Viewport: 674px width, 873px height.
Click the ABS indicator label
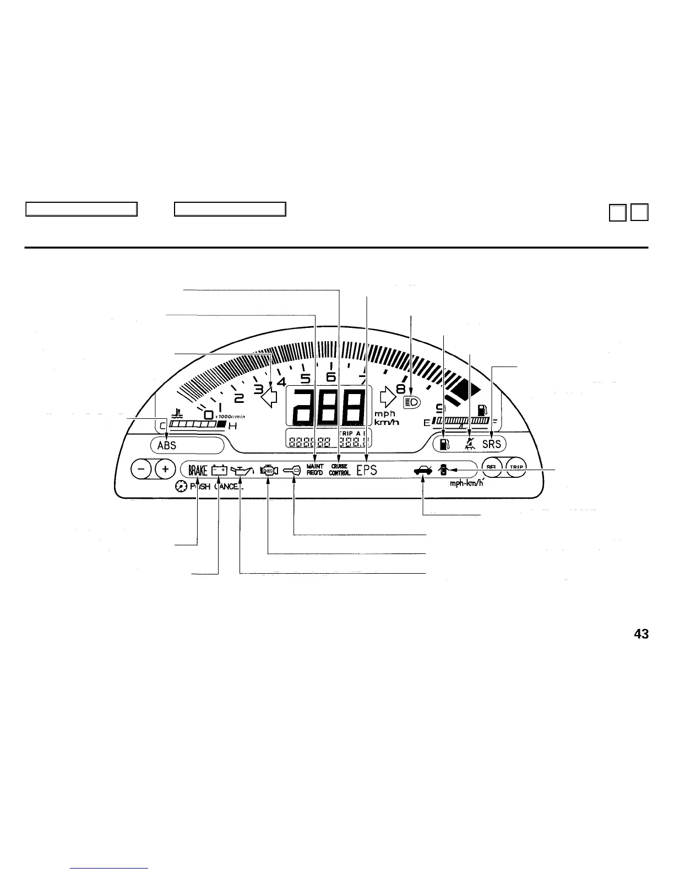pos(167,445)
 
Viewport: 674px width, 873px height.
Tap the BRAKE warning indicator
pos(198,470)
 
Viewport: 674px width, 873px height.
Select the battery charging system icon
pos(220,470)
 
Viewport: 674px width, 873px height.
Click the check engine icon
pos(268,470)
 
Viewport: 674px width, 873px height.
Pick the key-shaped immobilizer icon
pos(292,470)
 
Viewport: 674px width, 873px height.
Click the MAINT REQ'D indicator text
pos(315,470)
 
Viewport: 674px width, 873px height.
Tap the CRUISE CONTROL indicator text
pos(340,470)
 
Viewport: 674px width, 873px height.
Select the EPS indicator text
pos(367,470)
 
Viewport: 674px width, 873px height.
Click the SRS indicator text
pos(491,444)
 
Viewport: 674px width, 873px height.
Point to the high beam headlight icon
pos(412,402)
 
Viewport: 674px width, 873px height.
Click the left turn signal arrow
pos(268,397)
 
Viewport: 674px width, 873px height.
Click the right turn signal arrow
pos(388,396)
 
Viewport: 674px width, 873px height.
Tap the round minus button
pos(142,469)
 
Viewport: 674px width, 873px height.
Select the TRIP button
pos(516,467)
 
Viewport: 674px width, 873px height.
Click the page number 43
pos(641,634)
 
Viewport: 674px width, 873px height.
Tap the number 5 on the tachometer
pos(306,379)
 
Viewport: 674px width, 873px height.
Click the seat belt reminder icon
pos(469,443)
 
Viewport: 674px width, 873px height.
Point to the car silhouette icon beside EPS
pos(423,470)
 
